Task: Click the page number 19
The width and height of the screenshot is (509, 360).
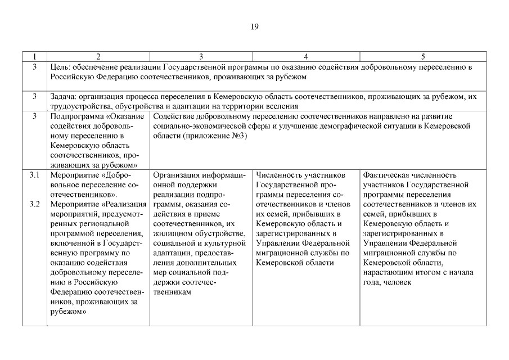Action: click(x=254, y=26)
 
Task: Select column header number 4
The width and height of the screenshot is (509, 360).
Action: click(x=305, y=56)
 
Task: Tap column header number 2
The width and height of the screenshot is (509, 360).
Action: click(x=98, y=56)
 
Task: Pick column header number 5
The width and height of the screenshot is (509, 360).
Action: click(x=423, y=56)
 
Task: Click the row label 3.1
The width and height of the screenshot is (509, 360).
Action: click(x=34, y=175)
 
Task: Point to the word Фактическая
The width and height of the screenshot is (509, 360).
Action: click(x=386, y=175)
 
